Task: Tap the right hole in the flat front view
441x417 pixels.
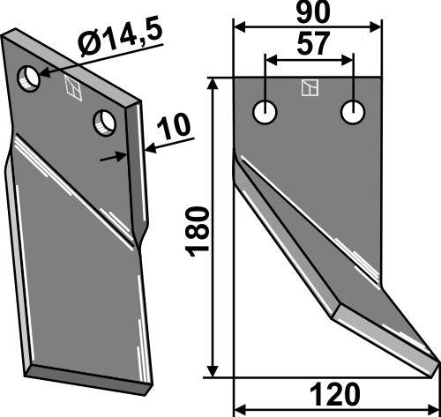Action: click(x=354, y=113)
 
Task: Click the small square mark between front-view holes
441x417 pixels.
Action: click(x=309, y=87)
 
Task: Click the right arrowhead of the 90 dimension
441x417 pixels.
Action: click(x=378, y=28)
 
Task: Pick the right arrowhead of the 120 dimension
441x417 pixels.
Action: click(x=432, y=409)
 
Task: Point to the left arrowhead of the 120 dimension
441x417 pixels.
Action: click(x=238, y=409)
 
